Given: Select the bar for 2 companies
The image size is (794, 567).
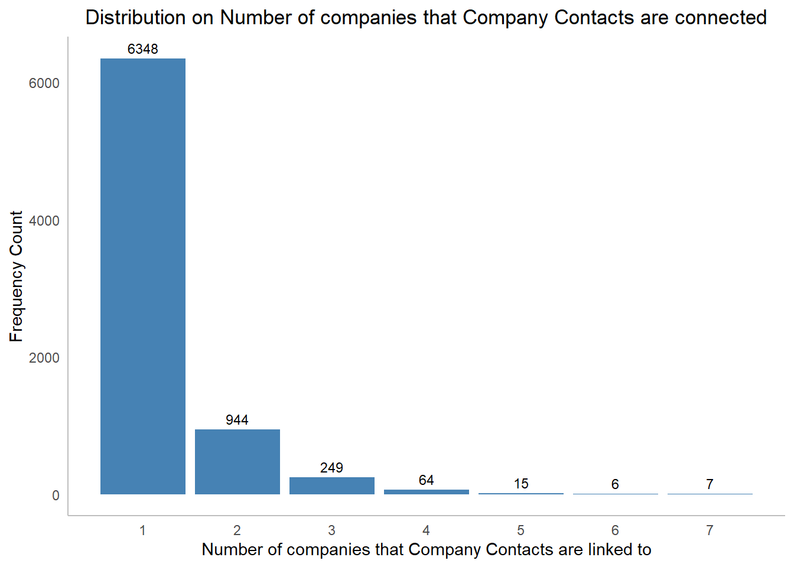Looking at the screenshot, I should [x=237, y=462].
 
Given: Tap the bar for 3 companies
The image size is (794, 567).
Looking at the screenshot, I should [x=332, y=485].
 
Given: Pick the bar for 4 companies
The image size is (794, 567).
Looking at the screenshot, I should [x=427, y=492].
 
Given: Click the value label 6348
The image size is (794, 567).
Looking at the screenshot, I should [x=143, y=49].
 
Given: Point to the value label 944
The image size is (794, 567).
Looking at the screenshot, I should [x=237, y=420].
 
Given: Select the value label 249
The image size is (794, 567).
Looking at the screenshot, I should [x=331, y=468].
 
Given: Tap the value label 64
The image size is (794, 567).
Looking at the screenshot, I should [x=427, y=480].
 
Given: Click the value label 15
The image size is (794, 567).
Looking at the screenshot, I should [x=521, y=484].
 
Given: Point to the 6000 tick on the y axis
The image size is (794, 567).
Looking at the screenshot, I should [x=44, y=83].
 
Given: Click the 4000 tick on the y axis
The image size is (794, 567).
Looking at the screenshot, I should [x=44, y=221].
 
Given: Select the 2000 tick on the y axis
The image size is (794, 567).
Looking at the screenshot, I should [x=44, y=358].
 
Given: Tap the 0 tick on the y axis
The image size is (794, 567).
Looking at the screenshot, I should [x=56, y=496].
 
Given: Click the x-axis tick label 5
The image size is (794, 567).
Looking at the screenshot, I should [x=520, y=530].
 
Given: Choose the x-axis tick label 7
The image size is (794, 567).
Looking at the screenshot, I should [x=710, y=530].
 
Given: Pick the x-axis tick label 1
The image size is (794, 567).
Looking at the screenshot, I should [x=142, y=530].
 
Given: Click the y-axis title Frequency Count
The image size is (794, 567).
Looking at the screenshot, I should [x=16, y=276].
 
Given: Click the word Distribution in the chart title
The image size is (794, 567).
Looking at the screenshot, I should [x=135, y=18].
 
